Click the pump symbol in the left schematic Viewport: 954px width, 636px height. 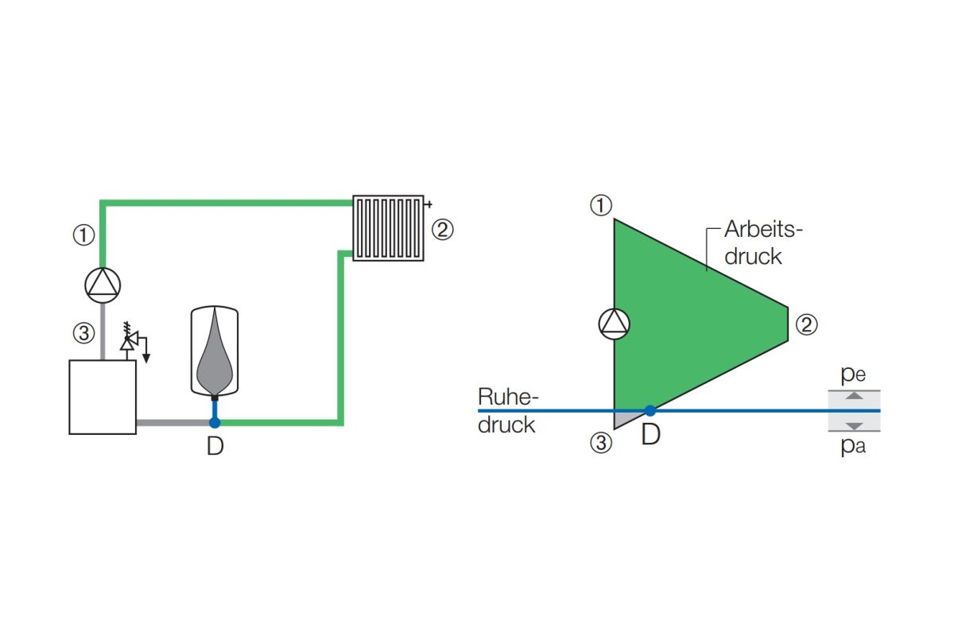pyautogui.click(x=103, y=285)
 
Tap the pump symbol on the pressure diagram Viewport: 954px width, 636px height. pyautogui.click(x=614, y=324)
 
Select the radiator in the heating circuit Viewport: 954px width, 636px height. pyautogui.click(x=389, y=228)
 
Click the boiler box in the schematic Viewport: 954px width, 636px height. pyautogui.click(x=103, y=397)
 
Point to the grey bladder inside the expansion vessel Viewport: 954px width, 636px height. pyautogui.click(x=215, y=353)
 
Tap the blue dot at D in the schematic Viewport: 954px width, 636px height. pyautogui.click(x=215, y=423)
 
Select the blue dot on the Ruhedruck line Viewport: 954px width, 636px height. pyautogui.click(x=650, y=411)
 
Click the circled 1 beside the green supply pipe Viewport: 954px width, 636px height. pyautogui.click(x=83, y=235)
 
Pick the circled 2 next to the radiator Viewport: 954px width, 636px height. pyautogui.click(x=443, y=230)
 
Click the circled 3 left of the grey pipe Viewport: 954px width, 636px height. pyautogui.click(x=83, y=333)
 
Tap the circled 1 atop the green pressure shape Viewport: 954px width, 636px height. pyautogui.click(x=601, y=205)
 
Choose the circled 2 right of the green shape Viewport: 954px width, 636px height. pyautogui.click(x=807, y=325)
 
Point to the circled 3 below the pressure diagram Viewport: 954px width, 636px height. pyautogui.click(x=601, y=443)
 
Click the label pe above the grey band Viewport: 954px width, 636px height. pyautogui.click(x=853, y=375)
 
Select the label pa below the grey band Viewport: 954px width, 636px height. pyautogui.click(x=853, y=447)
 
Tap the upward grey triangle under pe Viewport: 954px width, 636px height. pyautogui.click(x=854, y=396)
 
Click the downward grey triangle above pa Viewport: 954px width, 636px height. pyautogui.click(x=854, y=426)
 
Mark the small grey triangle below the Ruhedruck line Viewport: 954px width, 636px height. pyautogui.click(x=622, y=419)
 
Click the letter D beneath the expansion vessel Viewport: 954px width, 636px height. pyautogui.click(x=215, y=447)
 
